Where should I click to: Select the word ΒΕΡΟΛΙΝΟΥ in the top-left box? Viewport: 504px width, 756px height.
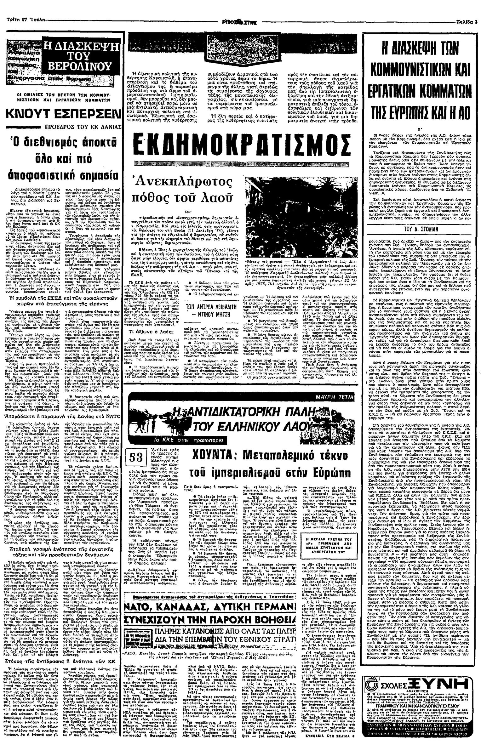pos(79,66)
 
